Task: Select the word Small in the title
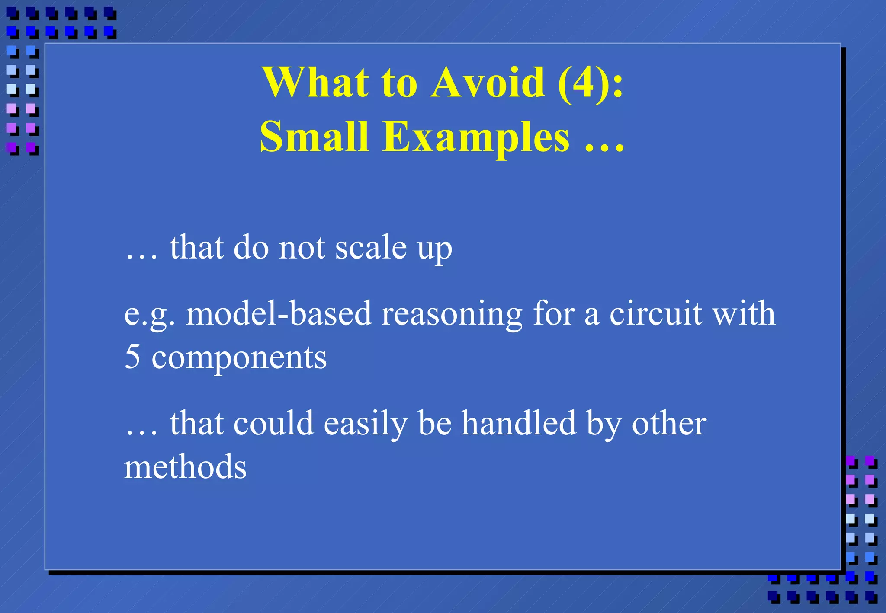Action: [x=315, y=137]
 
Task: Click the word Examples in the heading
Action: [x=476, y=137]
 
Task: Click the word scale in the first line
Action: [x=371, y=248]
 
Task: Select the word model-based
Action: [x=279, y=313]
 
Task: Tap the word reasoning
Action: [x=452, y=313]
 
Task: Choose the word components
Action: [x=239, y=358]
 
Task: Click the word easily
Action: [x=366, y=423]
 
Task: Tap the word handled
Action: [x=519, y=423]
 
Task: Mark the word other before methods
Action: [x=669, y=423]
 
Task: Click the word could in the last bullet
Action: [x=273, y=423]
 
